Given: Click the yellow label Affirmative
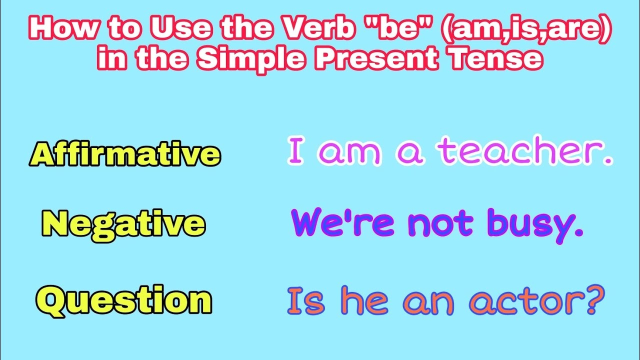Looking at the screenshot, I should (x=125, y=154).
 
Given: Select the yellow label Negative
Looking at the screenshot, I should (x=123, y=223).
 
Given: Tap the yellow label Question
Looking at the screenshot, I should (x=124, y=300).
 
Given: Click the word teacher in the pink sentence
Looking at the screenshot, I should (x=522, y=152).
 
